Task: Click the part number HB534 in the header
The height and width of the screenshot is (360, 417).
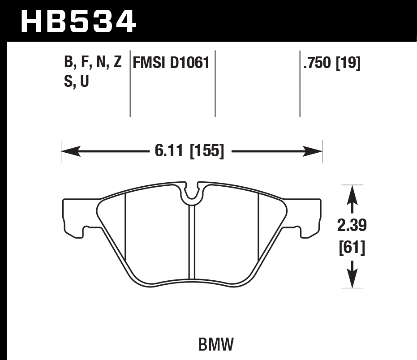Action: (78, 21)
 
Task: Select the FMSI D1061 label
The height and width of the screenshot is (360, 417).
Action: (171, 63)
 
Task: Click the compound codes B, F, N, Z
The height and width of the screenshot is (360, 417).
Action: (93, 63)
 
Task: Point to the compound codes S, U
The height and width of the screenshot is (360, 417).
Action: (77, 82)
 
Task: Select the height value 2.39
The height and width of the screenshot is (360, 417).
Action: (352, 226)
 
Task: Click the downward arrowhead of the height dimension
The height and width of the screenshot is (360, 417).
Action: (353, 279)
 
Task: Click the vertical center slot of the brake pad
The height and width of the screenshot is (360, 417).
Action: (192, 242)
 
